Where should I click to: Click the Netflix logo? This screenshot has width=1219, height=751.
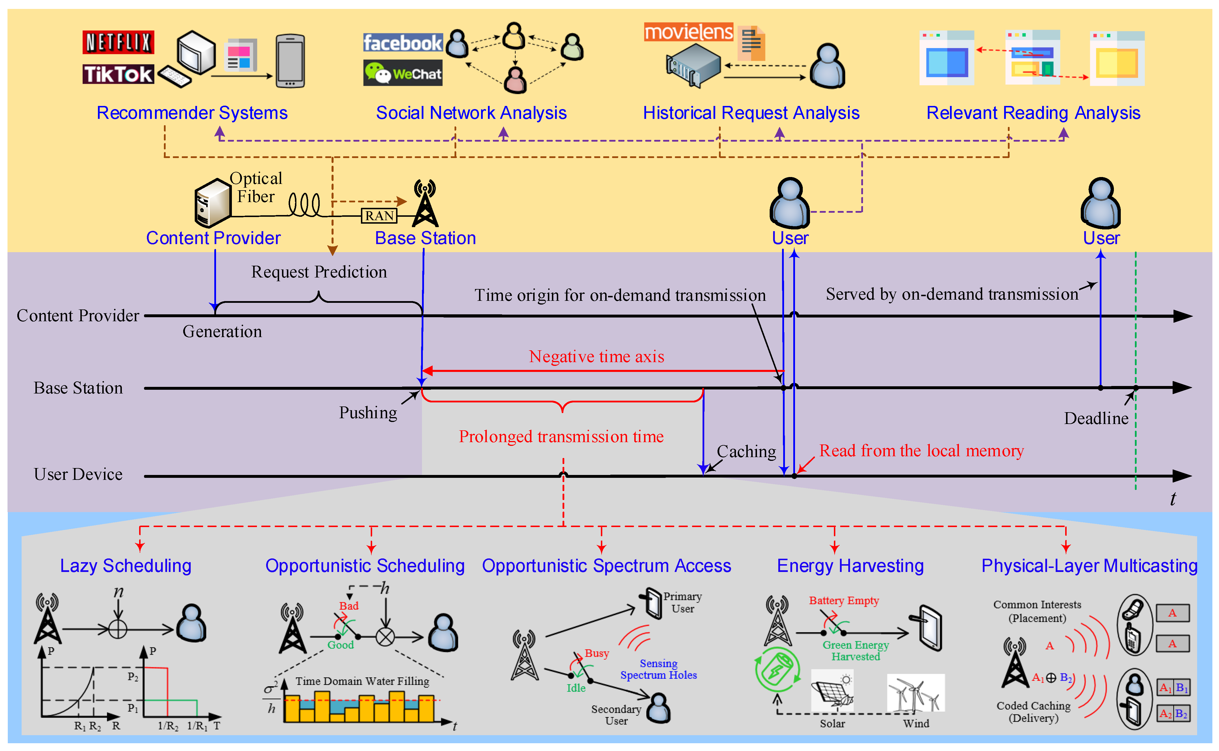point(118,42)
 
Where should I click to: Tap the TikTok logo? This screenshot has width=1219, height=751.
point(118,74)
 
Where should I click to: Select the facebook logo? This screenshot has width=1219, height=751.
point(402,43)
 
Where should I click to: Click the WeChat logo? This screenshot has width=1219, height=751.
point(402,73)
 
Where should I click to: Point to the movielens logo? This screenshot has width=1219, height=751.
point(688,32)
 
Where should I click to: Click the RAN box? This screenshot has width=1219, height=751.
point(379,216)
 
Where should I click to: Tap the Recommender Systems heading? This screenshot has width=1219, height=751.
point(192,113)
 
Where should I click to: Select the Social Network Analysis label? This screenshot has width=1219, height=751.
point(471,113)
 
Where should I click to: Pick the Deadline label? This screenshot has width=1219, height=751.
point(1096,418)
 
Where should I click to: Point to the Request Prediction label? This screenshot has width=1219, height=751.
point(319,272)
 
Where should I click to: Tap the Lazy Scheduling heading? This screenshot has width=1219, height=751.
point(126,565)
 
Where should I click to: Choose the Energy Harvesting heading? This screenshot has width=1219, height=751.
point(850,565)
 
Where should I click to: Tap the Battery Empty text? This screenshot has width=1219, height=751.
point(844,600)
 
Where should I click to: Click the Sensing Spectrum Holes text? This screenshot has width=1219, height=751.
point(658,669)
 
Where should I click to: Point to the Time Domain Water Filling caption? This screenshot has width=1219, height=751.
point(362,681)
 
